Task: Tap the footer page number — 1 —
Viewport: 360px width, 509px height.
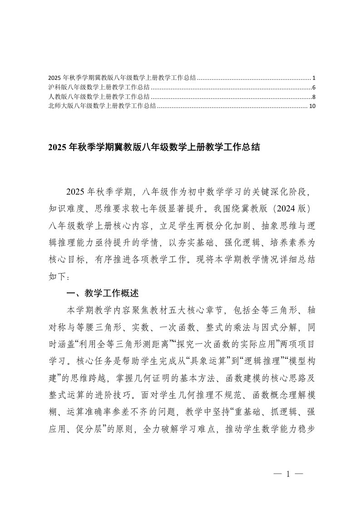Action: (288, 474)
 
